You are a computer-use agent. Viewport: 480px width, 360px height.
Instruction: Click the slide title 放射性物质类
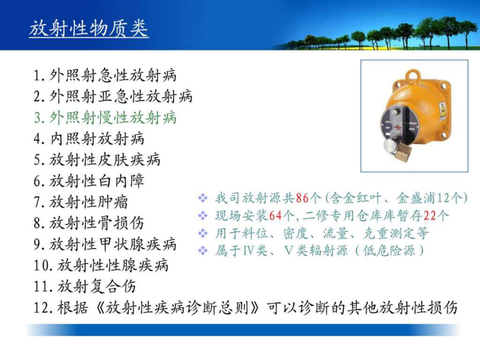89,29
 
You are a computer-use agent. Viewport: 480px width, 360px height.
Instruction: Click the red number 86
302,198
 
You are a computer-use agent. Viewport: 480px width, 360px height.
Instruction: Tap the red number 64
275,216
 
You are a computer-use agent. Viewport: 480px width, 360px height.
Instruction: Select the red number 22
429,216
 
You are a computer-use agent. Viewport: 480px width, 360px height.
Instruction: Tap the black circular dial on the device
398,125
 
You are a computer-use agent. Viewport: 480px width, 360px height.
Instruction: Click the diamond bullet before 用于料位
203,233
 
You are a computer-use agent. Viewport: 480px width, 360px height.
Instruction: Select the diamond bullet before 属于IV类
203,251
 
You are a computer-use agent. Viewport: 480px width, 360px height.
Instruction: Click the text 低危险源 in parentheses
389,251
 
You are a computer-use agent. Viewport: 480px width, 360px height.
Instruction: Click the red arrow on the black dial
397,126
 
